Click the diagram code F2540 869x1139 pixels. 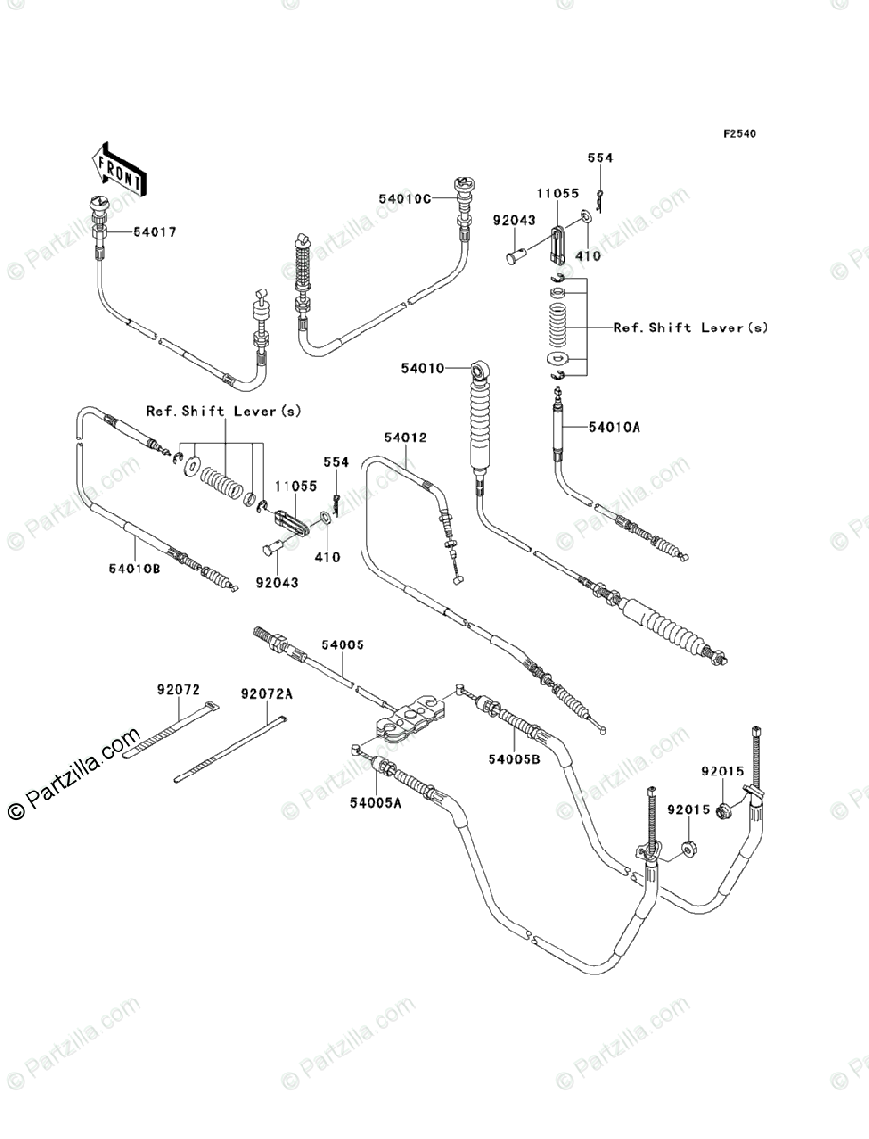coord(740,134)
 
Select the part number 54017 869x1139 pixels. coord(154,232)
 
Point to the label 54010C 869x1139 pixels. coord(405,198)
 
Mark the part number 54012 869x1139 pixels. coord(405,439)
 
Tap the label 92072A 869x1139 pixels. coord(267,694)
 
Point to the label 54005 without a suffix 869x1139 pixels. coord(342,644)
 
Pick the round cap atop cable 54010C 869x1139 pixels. coord(466,183)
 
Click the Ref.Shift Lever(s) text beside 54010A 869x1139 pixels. coord(691,327)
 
